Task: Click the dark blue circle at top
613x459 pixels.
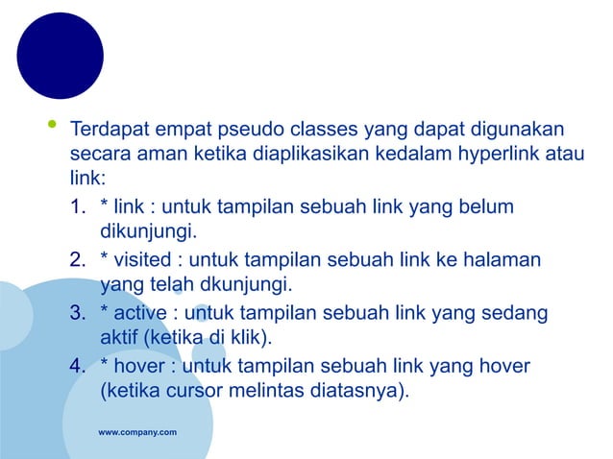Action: pos(60,56)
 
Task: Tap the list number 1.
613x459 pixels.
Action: pos(77,207)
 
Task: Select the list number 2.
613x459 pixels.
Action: pos(77,260)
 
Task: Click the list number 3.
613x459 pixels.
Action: pos(77,313)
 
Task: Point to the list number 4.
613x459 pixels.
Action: pos(77,366)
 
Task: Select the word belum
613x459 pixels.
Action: pos(487,207)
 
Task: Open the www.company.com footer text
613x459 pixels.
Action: pos(137,434)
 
